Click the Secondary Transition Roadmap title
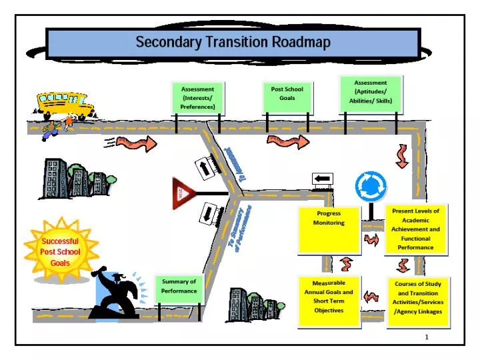(233, 43)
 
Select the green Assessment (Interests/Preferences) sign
(197, 97)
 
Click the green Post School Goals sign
(287, 94)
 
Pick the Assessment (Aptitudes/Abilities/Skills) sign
(370, 92)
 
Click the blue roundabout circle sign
(370, 187)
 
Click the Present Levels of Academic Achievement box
(415, 229)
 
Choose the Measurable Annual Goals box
(329, 301)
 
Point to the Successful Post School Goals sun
(60, 251)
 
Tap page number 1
(427, 337)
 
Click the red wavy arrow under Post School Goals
(288, 141)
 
